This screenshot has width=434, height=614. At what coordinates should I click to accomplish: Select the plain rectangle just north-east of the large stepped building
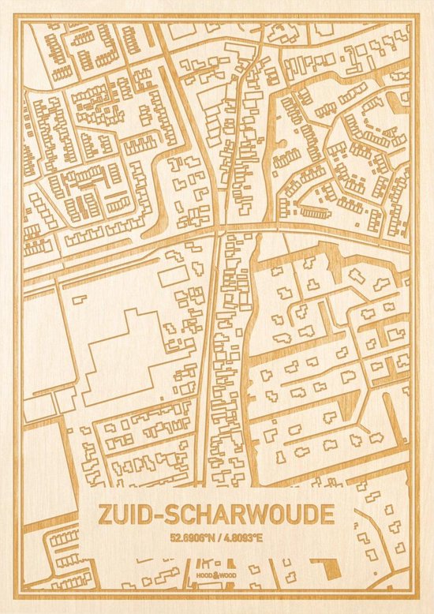tap(171, 278)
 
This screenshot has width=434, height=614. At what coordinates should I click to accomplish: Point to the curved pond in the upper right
tap(395, 118)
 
